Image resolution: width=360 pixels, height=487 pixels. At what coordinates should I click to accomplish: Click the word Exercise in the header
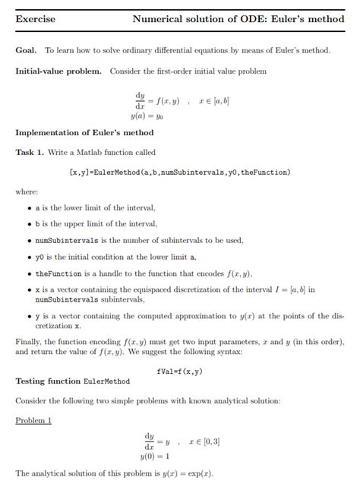point(35,20)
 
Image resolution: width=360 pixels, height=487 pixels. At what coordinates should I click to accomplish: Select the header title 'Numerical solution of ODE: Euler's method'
point(238,20)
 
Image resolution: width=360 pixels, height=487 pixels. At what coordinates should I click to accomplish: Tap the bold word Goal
point(26,50)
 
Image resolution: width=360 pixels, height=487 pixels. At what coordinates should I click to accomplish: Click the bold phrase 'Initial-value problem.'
point(58,71)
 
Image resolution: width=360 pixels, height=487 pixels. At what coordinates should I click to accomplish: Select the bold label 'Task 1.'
point(30,152)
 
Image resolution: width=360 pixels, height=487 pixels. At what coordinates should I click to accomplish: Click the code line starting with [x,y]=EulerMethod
point(179,172)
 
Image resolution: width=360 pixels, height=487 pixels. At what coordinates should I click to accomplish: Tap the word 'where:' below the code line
point(27,191)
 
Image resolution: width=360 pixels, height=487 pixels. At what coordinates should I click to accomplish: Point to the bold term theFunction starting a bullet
point(60,274)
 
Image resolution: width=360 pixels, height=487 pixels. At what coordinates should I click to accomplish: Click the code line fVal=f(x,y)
point(179,372)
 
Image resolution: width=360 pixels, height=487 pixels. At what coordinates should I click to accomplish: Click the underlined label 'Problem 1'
point(33,420)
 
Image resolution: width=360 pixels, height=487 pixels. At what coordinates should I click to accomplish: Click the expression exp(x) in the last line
point(200,473)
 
